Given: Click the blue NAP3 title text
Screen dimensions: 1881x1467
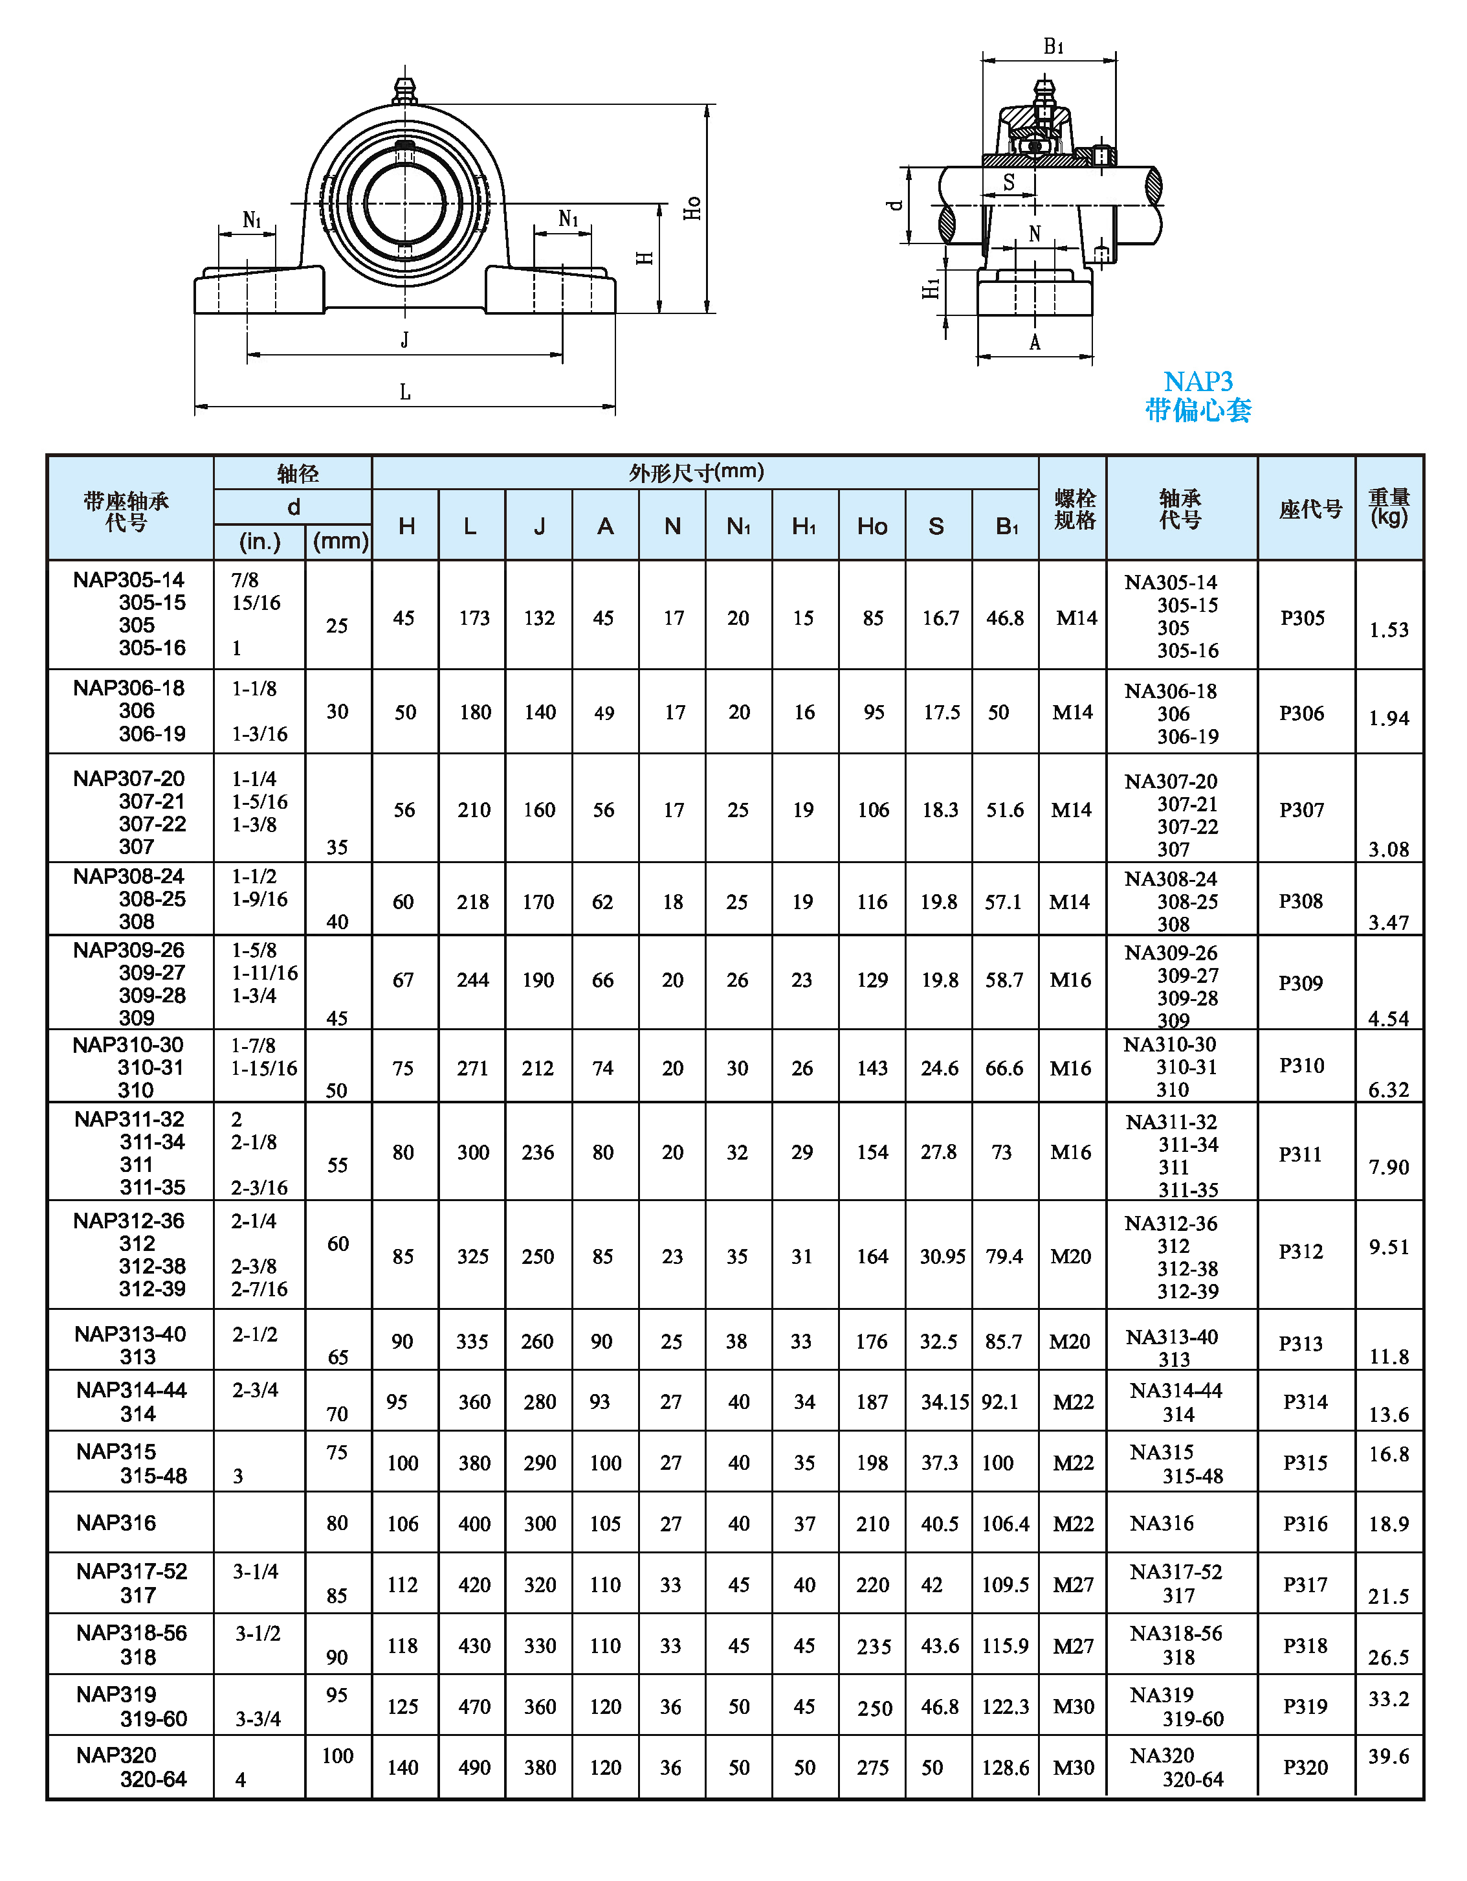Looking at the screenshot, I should [1198, 381].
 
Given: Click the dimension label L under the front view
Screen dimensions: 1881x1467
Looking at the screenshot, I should [404, 393].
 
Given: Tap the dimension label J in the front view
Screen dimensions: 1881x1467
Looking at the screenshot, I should [404, 340].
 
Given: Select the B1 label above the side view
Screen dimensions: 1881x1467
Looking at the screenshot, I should [1053, 47].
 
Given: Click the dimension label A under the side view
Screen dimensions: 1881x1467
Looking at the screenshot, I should [1035, 343].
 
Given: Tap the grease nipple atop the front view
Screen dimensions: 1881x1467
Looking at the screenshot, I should [404, 89].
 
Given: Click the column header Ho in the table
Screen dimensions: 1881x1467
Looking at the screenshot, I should [872, 526].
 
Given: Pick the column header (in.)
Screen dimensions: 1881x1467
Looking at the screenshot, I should [259, 542].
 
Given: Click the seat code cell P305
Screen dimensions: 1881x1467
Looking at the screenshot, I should [1302, 618].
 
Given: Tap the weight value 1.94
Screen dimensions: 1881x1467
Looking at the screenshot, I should [1389, 718].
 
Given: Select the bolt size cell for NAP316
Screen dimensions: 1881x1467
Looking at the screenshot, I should [1073, 1524].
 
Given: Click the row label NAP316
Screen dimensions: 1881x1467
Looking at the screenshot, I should [116, 1523].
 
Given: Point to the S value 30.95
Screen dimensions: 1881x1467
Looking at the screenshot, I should [942, 1257].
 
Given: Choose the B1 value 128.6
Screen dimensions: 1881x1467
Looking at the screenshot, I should [1005, 1767].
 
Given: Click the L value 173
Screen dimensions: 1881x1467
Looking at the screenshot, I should [474, 618].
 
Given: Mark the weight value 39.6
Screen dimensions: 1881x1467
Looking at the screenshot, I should [1389, 1756].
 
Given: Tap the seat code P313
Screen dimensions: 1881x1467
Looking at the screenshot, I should [1300, 1344].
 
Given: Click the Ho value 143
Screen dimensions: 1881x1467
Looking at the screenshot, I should [872, 1068].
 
